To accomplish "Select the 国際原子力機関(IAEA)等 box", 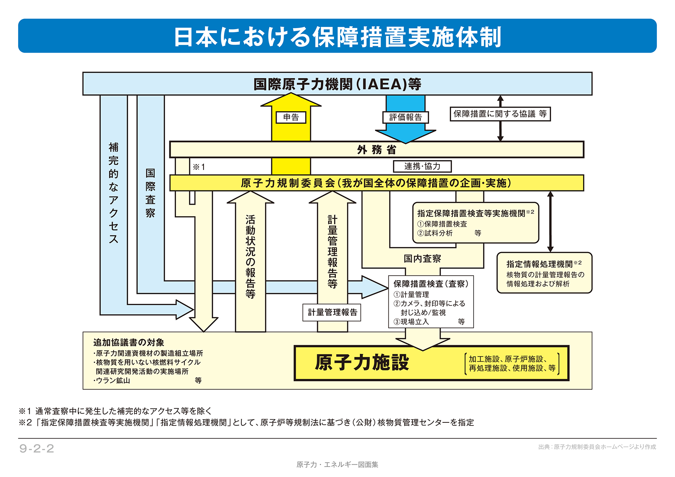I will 337,84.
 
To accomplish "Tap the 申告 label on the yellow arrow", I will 291,117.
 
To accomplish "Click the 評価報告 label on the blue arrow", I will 406,117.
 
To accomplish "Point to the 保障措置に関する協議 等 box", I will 500,114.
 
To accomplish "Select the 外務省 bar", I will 376,150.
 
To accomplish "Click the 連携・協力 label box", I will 422,166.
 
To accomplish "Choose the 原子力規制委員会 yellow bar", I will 376,183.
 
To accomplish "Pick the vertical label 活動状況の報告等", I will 251,257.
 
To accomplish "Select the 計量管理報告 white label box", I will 332,312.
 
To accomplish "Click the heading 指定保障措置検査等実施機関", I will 471,213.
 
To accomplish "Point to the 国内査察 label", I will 422,259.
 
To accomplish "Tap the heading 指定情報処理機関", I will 540,264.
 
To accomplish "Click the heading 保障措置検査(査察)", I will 431,284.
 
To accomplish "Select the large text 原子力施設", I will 362,362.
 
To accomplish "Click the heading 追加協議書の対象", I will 129,342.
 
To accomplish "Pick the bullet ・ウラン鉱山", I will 112,380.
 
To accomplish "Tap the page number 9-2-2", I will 37,448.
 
